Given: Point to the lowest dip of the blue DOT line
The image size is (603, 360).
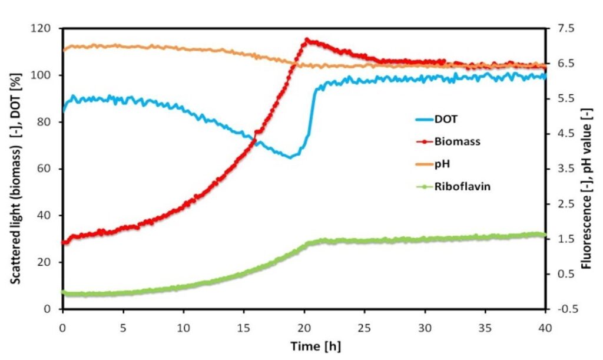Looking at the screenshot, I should [290, 157].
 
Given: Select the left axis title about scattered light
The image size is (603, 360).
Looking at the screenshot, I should [16, 169].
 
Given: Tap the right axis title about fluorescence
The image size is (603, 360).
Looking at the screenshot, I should [587, 169].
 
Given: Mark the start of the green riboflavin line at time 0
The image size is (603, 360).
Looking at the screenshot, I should [63, 292].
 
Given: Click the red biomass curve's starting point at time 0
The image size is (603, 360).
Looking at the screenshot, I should [63, 243].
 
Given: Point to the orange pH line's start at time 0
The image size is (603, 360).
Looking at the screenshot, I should [63, 49].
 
